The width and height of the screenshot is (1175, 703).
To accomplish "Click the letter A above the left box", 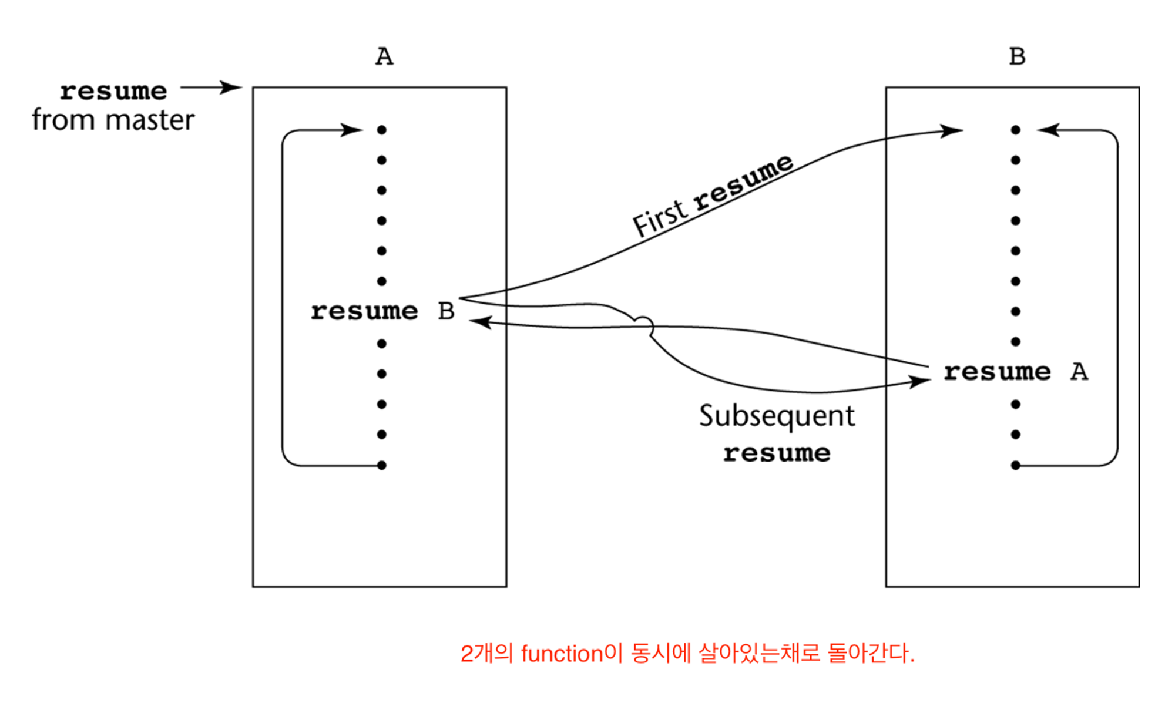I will (384, 57).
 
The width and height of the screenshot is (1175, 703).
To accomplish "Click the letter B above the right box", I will (1017, 57).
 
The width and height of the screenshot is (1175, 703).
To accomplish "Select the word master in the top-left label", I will (150, 120).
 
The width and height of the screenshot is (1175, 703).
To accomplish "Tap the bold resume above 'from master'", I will (113, 92).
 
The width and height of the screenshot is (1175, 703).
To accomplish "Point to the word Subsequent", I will (777, 416).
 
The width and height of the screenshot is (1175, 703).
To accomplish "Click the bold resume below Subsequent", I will (777, 453).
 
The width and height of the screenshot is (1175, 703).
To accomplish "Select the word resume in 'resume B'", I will (364, 311).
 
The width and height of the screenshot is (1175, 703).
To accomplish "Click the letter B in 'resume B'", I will (446, 311).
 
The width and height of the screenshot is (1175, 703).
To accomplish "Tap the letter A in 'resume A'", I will (1079, 372).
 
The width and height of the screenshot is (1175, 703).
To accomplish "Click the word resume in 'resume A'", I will (997, 372).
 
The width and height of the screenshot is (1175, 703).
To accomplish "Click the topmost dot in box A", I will (382, 130).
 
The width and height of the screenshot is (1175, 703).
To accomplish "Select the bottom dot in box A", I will (382, 466).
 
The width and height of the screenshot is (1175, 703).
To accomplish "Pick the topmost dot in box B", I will (1016, 130).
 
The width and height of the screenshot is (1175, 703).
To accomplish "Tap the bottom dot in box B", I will (1016, 466).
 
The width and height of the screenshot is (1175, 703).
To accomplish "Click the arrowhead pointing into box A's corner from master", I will (233, 88).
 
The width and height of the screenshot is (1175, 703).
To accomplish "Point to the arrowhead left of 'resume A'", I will (920, 382).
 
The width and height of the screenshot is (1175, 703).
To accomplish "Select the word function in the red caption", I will (562, 654).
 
